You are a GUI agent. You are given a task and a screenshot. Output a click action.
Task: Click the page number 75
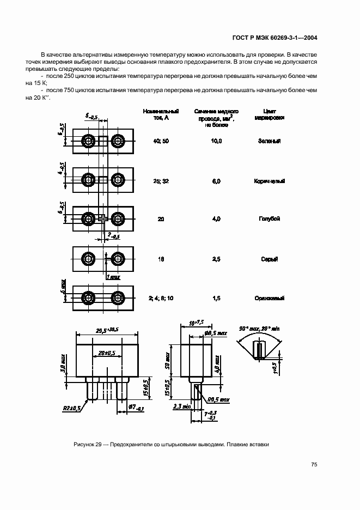(x=314, y=464)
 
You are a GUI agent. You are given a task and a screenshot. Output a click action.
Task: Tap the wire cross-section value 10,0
(x=216, y=141)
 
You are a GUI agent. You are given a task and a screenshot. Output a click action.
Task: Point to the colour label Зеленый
(x=270, y=141)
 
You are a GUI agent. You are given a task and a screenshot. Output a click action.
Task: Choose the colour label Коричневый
(x=270, y=181)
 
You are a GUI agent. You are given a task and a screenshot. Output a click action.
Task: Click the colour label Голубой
(x=270, y=218)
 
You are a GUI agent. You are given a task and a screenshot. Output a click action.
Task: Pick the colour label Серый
(x=270, y=259)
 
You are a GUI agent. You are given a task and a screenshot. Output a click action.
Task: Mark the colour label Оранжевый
(x=270, y=298)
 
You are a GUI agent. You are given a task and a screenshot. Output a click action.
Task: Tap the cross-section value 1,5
(x=216, y=298)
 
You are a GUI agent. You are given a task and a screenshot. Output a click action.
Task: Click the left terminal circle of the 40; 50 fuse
(x=88, y=141)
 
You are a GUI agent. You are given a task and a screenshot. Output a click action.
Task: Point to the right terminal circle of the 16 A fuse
(x=117, y=258)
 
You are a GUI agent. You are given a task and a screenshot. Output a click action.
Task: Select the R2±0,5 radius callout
(x=71, y=408)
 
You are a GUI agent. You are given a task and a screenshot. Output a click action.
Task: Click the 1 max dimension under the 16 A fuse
(x=113, y=277)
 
